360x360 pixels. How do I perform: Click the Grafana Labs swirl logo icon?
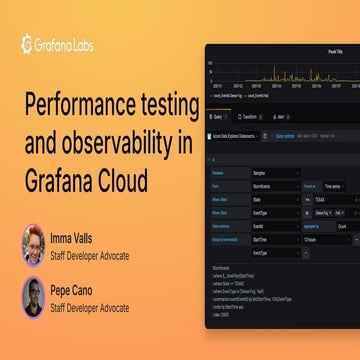tap(29, 43)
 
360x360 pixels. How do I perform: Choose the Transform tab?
tap(250, 116)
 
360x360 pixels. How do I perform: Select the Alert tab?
tap(284, 116)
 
